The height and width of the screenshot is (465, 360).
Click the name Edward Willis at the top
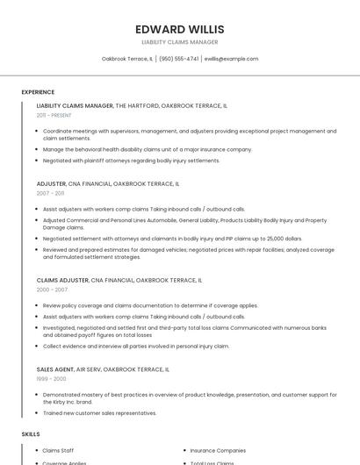click(180, 29)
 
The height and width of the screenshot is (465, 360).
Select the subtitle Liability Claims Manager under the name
click(180, 42)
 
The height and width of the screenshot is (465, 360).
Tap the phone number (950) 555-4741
click(178, 59)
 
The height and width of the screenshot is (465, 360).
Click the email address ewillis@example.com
click(231, 59)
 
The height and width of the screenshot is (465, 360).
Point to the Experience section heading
click(38, 92)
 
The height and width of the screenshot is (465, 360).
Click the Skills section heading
click(31, 434)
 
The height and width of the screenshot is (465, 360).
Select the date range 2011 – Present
click(54, 115)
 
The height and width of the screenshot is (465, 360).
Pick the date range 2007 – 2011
click(50, 193)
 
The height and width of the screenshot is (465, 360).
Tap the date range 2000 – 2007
click(52, 289)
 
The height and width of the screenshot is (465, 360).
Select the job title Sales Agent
click(55, 369)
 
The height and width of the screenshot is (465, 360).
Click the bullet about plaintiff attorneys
click(131, 161)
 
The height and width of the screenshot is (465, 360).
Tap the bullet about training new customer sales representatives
click(99, 412)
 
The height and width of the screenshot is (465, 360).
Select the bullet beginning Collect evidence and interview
click(135, 346)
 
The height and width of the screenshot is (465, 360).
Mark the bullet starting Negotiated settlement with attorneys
click(172, 238)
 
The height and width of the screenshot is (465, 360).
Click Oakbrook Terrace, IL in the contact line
click(127, 59)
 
